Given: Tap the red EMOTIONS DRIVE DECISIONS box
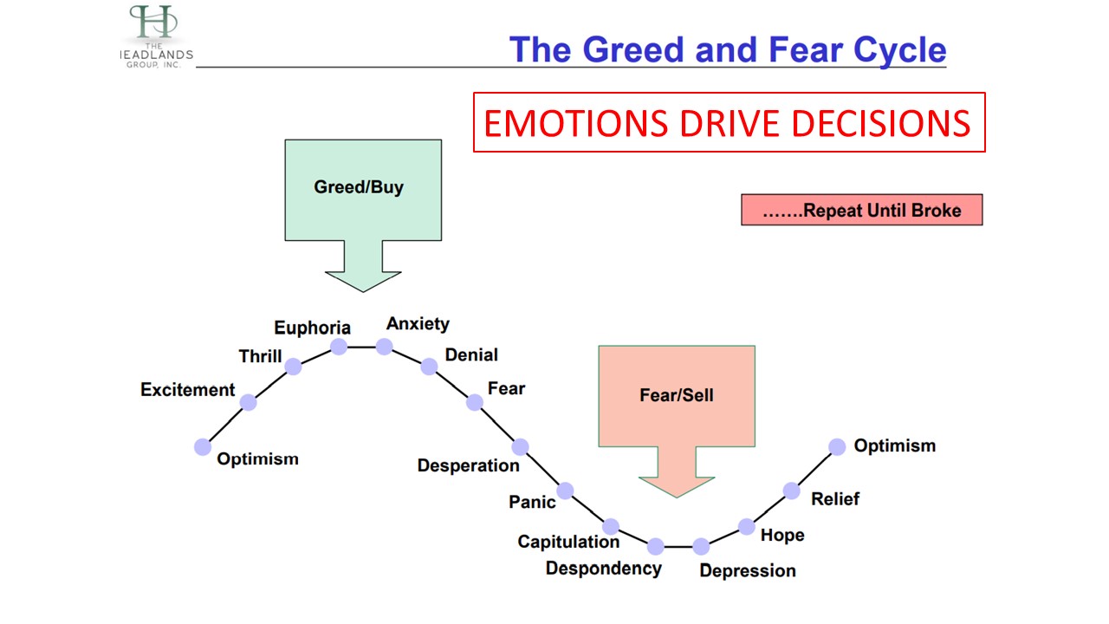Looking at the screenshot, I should [x=728, y=123].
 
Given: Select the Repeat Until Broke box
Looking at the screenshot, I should [x=861, y=210].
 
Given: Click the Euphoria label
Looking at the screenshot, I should [x=312, y=328].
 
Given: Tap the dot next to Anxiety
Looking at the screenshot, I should [x=384, y=347].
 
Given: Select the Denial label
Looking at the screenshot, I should [x=471, y=354].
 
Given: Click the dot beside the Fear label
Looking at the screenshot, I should [x=475, y=402].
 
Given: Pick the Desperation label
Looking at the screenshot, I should [x=468, y=465].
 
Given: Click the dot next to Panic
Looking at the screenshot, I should [x=565, y=491].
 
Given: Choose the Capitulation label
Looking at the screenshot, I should [x=568, y=542].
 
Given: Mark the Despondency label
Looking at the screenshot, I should [x=603, y=569].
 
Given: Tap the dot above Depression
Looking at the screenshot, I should [x=701, y=547].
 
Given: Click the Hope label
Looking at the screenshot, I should [x=782, y=536].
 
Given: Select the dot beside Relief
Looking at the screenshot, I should [x=792, y=491].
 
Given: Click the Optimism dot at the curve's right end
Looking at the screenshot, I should [x=837, y=446].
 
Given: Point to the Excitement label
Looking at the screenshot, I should [x=187, y=390].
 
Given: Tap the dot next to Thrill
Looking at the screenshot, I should [x=293, y=367].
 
